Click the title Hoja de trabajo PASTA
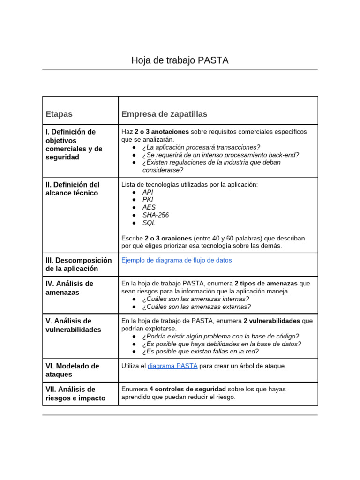(180, 60)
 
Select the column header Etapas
(59, 114)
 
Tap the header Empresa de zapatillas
(164, 114)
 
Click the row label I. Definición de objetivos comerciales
(74, 144)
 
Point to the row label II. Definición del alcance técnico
(73, 189)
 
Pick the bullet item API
(148, 192)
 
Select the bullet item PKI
(148, 200)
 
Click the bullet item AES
(149, 207)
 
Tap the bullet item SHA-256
(156, 215)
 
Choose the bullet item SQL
(149, 223)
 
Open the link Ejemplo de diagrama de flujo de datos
(176, 260)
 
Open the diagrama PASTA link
(172, 366)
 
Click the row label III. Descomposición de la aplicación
(79, 264)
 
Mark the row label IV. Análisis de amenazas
(69, 288)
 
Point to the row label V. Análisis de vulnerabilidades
(73, 325)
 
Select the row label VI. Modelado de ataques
(72, 370)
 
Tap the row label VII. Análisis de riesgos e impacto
(75, 394)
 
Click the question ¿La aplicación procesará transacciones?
(201, 147)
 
